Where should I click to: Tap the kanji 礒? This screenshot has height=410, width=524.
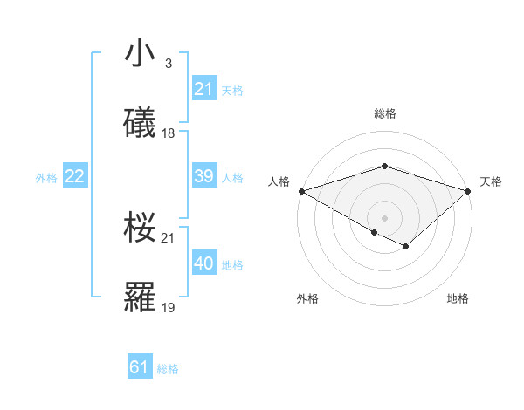point(141,124)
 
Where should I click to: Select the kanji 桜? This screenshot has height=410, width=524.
point(141,228)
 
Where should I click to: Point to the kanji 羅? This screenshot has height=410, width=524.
point(141,297)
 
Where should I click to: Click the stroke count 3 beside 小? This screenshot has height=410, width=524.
point(168,64)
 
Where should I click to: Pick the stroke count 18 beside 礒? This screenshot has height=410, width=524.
point(169,133)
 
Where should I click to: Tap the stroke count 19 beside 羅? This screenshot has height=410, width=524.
point(169,307)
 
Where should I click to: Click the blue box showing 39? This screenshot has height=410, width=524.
point(203,176)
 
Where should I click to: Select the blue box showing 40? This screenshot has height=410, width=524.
point(203,263)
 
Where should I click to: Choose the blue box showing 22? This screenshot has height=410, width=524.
point(75,176)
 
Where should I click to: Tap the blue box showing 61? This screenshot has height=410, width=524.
point(140,367)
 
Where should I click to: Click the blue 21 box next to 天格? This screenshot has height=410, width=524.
point(203,89)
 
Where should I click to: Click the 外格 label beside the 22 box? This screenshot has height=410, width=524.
point(46,177)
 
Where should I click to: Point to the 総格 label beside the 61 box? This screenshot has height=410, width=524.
point(168,368)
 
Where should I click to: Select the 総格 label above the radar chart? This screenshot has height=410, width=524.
point(384,113)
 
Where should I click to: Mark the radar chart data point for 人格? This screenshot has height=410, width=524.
point(300,191)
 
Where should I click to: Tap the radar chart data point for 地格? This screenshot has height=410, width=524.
point(405,247)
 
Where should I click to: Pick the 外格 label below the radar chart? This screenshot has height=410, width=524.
point(307,298)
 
